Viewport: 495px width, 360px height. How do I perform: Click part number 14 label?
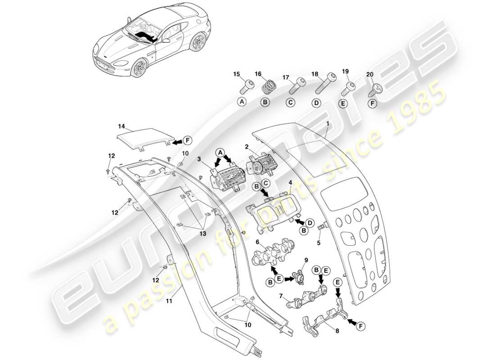click(121, 127)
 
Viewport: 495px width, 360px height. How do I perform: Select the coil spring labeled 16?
click(269, 85)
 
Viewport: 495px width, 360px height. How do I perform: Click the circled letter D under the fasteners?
click(316, 103)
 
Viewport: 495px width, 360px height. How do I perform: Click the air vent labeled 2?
click(260, 164)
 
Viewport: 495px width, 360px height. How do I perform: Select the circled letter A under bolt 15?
click(242, 102)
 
